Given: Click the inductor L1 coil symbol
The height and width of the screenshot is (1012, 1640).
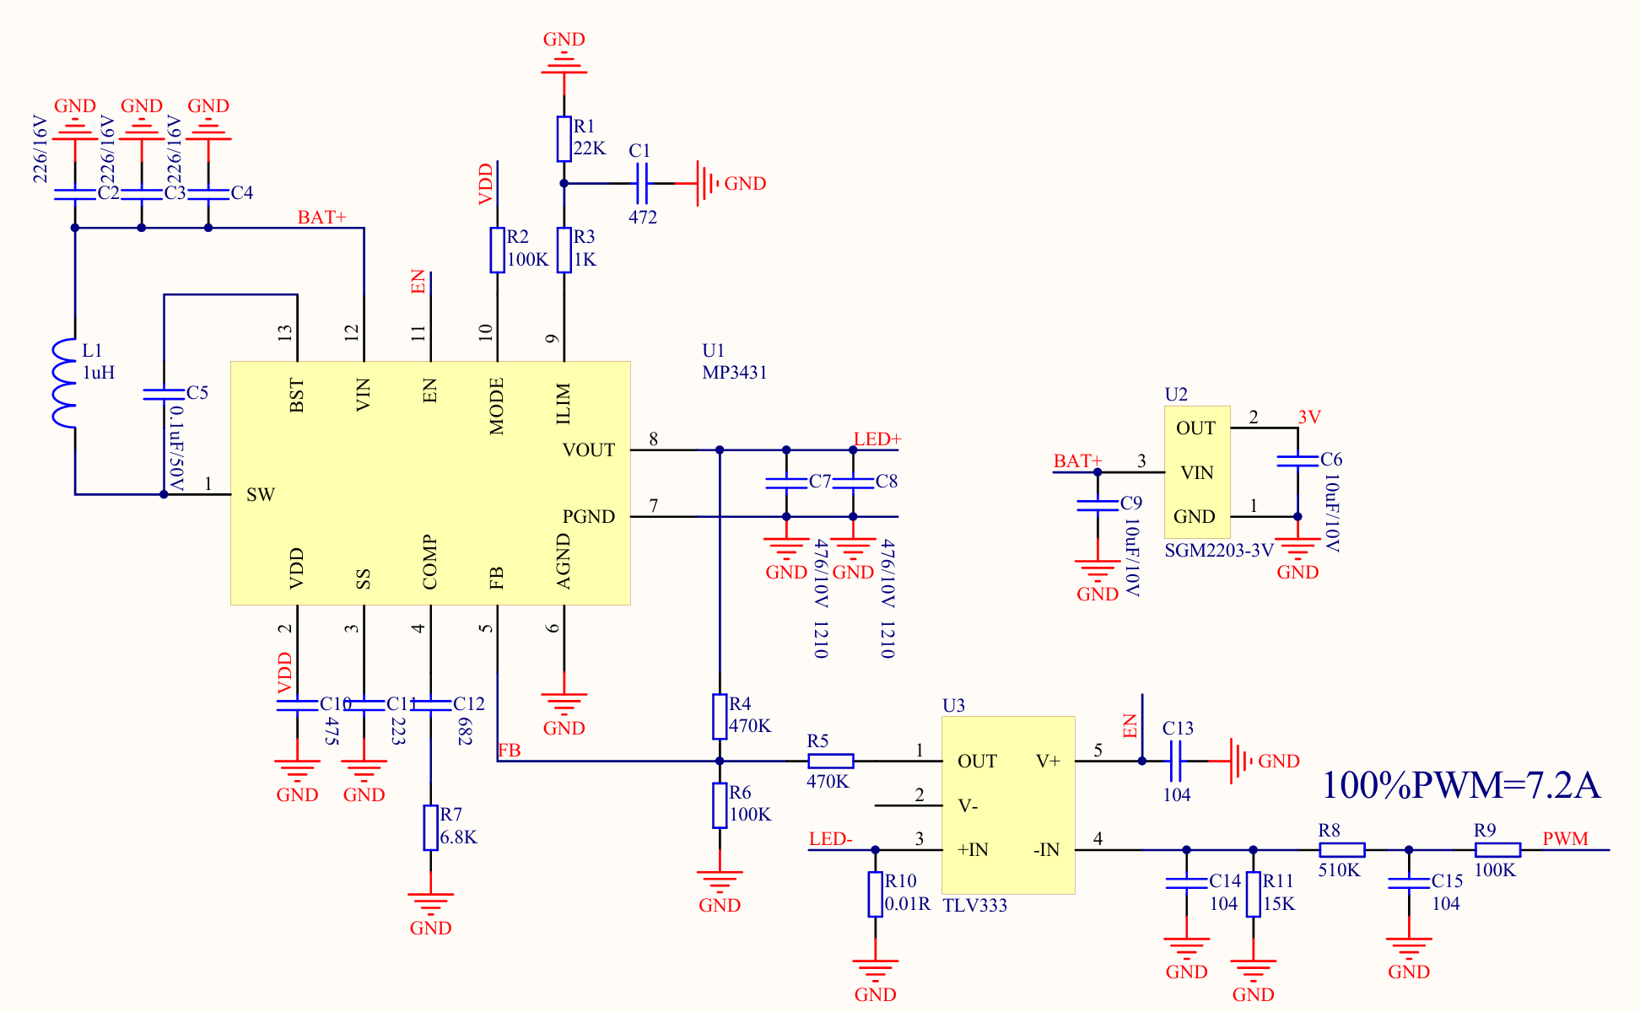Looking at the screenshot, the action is (64, 383).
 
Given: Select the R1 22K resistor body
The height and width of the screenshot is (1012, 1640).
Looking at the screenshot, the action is (564, 139).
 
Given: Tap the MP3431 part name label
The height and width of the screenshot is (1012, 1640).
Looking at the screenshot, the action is (735, 373).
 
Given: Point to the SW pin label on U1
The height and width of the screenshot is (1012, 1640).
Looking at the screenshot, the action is (261, 495).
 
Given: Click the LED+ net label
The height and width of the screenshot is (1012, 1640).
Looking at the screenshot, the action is (877, 439).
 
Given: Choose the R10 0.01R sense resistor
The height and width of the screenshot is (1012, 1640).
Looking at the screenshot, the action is (876, 894).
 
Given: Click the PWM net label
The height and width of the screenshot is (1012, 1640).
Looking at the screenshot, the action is (1566, 839).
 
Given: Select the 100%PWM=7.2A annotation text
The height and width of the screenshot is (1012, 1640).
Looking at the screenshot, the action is (1460, 785).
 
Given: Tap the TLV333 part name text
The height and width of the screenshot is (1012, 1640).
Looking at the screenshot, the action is (975, 906).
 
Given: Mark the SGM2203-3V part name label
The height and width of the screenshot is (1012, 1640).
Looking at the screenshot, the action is (1219, 551).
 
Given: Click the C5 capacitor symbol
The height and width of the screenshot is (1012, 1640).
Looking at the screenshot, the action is (164, 393).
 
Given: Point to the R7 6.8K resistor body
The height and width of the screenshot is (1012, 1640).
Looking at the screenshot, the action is (431, 827).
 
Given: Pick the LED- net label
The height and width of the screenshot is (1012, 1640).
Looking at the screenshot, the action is (831, 839).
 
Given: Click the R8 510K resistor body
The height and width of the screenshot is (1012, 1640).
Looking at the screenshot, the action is (1341, 850).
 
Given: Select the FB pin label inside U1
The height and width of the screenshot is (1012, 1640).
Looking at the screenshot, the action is (497, 578).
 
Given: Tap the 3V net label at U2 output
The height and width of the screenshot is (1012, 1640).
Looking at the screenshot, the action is (1309, 417).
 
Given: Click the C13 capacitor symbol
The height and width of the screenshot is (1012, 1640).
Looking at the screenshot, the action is (1176, 762).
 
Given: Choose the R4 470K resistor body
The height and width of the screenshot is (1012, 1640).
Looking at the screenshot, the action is (720, 717).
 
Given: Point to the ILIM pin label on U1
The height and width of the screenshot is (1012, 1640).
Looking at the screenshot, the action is (564, 403).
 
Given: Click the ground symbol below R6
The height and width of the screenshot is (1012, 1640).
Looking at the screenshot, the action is (720, 883).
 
